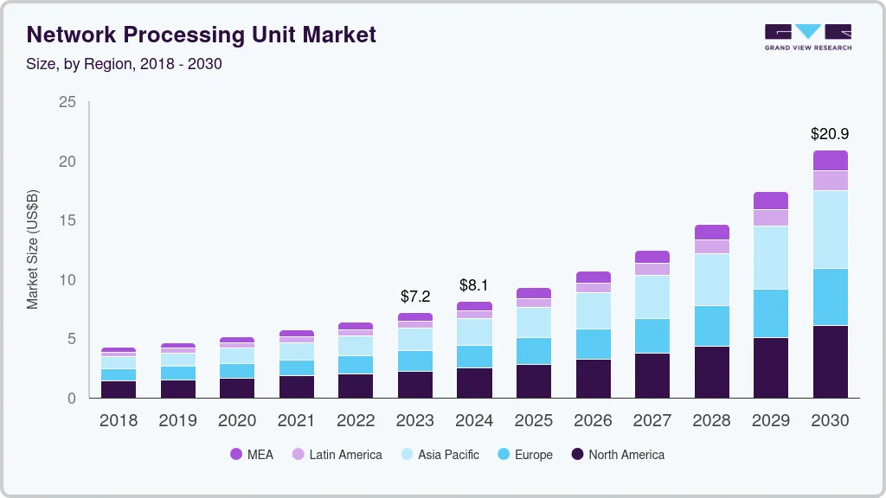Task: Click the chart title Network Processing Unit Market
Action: point(202,35)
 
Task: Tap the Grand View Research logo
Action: point(807,37)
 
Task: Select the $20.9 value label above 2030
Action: point(830,134)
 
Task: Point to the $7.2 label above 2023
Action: point(415,297)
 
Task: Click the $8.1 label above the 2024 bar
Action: point(474,285)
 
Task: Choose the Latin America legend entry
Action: point(337,455)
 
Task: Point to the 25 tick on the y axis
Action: point(67,103)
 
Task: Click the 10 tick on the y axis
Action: point(67,280)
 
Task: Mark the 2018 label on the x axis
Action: point(119,421)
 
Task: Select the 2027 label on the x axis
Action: point(652,421)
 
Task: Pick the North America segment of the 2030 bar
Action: point(831,361)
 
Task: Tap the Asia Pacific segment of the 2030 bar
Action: point(831,229)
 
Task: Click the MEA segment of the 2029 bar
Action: point(771,201)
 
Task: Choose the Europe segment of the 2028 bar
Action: point(712,326)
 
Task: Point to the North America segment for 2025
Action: point(534,380)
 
